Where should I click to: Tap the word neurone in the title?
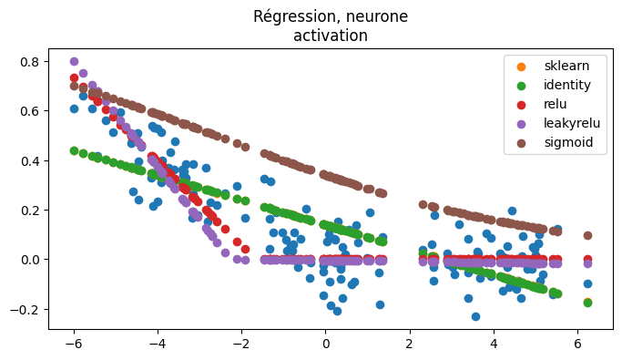[377, 16]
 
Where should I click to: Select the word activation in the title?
[331, 36]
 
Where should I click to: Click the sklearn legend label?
[566, 66]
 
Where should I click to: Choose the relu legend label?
[556, 104]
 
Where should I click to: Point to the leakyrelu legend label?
[571, 123]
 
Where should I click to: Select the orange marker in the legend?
[521, 66]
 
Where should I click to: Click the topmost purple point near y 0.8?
[74, 62]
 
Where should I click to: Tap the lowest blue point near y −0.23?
[475, 316]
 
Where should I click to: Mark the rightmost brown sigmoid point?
[587, 235]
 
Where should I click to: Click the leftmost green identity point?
[74, 150]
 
